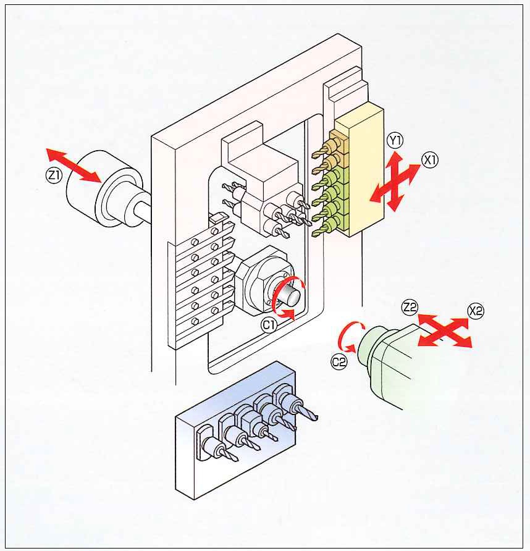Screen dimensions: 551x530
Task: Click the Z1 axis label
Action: click(x=54, y=175)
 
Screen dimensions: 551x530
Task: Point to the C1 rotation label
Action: click(x=268, y=324)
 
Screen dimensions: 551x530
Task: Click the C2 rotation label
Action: click(x=339, y=363)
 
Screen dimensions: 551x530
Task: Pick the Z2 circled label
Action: click(x=409, y=306)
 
